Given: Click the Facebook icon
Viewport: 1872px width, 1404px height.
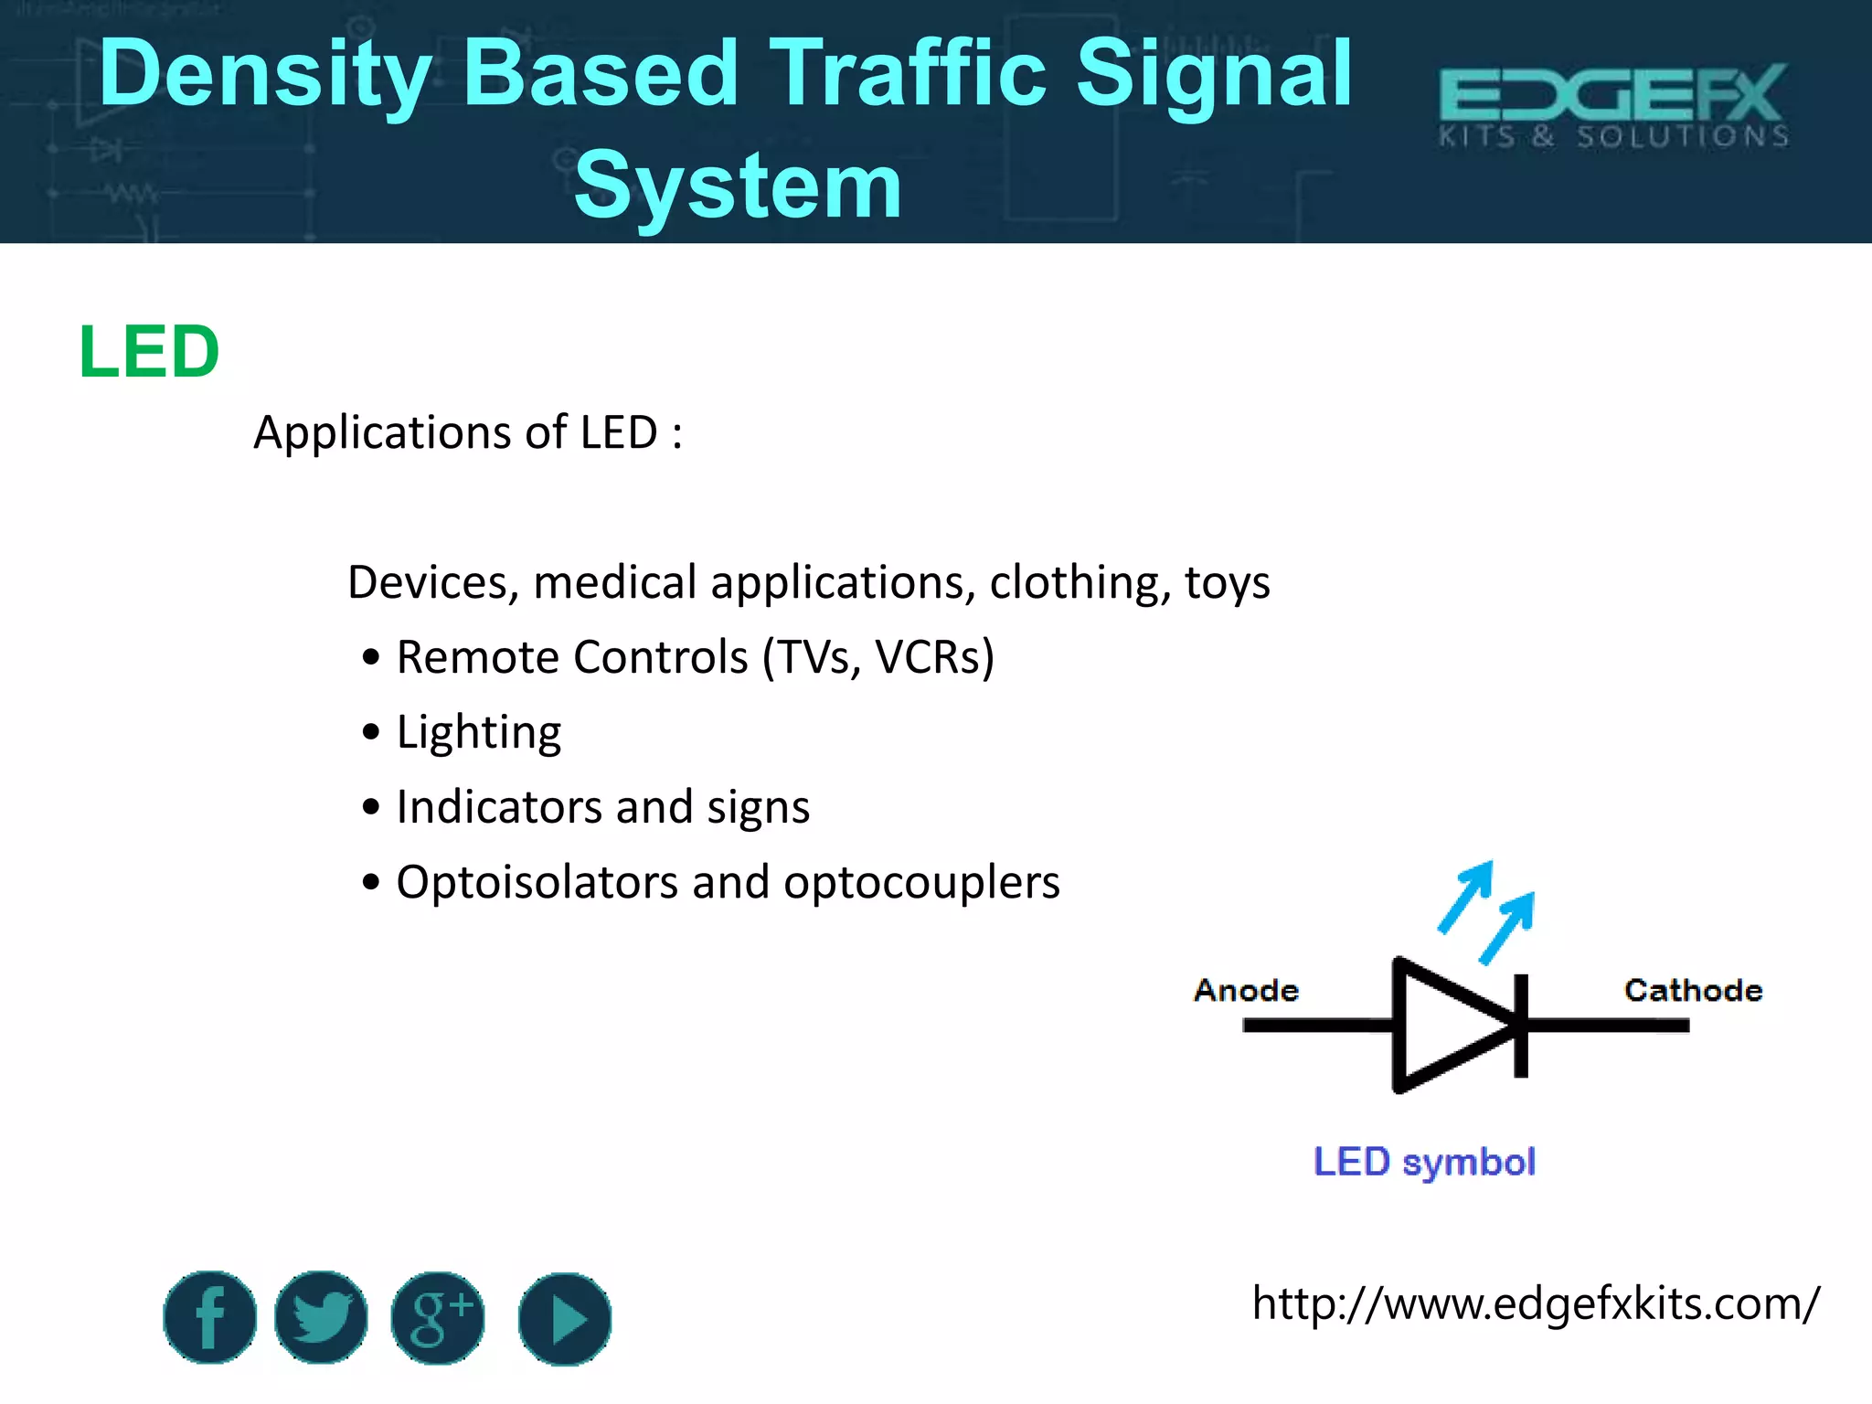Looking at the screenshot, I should [210, 1317].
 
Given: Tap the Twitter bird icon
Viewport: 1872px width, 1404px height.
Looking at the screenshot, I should [321, 1317].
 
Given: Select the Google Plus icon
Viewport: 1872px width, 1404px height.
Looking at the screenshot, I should [438, 1318].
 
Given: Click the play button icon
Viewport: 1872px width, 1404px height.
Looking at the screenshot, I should [565, 1319].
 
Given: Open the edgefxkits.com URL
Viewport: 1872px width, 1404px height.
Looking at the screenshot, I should [1535, 1303].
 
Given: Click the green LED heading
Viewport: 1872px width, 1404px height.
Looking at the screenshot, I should [149, 352].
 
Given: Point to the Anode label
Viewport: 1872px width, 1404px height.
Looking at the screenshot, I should [1246, 990].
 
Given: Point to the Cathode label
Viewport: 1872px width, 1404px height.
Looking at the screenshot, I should [1693, 990].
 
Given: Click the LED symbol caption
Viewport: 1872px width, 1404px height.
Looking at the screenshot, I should [1424, 1162].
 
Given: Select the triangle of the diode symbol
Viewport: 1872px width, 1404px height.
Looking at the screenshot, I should [1444, 1026].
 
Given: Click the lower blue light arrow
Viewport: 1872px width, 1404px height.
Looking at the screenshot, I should [1508, 928].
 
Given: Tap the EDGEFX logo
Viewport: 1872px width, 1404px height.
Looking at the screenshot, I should [1613, 105].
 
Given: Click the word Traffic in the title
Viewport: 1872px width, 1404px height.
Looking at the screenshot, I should [908, 73].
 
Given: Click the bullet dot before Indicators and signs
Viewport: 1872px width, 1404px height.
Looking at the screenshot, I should [370, 807].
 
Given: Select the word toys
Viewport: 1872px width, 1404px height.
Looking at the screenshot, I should [1227, 583].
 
